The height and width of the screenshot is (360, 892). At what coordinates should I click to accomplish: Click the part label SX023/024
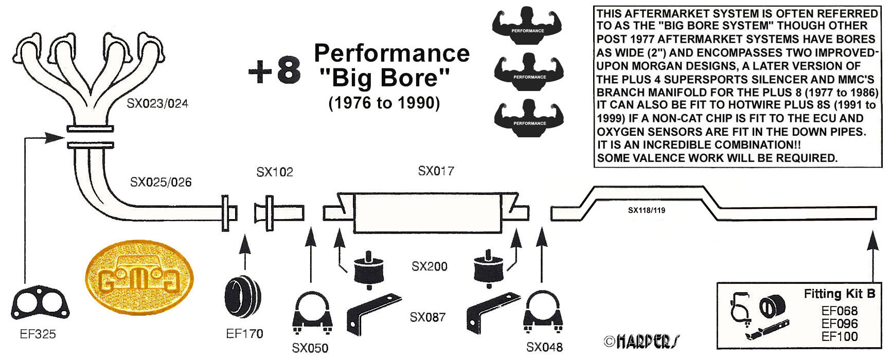tap(157, 104)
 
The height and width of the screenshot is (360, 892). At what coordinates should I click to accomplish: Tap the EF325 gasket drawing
tap(40, 303)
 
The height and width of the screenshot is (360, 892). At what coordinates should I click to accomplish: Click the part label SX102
tap(275, 172)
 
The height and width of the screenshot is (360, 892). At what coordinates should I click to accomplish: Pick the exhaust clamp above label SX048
tap(543, 313)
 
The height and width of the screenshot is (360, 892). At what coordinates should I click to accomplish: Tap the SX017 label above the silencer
tap(436, 171)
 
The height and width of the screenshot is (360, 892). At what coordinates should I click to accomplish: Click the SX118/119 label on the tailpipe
tap(647, 210)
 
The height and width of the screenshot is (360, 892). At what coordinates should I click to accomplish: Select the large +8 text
tap(275, 71)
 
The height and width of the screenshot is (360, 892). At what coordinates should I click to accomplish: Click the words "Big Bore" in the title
tap(385, 78)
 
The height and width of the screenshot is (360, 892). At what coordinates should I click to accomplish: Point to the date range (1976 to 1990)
tap(384, 103)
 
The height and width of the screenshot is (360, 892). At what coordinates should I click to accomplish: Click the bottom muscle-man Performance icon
tap(529, 118)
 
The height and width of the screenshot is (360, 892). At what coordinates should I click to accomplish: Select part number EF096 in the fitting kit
tap(840, 323)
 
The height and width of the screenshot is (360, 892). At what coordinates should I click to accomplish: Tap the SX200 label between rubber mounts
tap(430, 266)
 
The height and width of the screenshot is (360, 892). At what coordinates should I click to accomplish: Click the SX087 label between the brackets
tap(427, 317)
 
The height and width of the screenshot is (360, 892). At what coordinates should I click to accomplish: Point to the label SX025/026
tap(160, 182)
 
